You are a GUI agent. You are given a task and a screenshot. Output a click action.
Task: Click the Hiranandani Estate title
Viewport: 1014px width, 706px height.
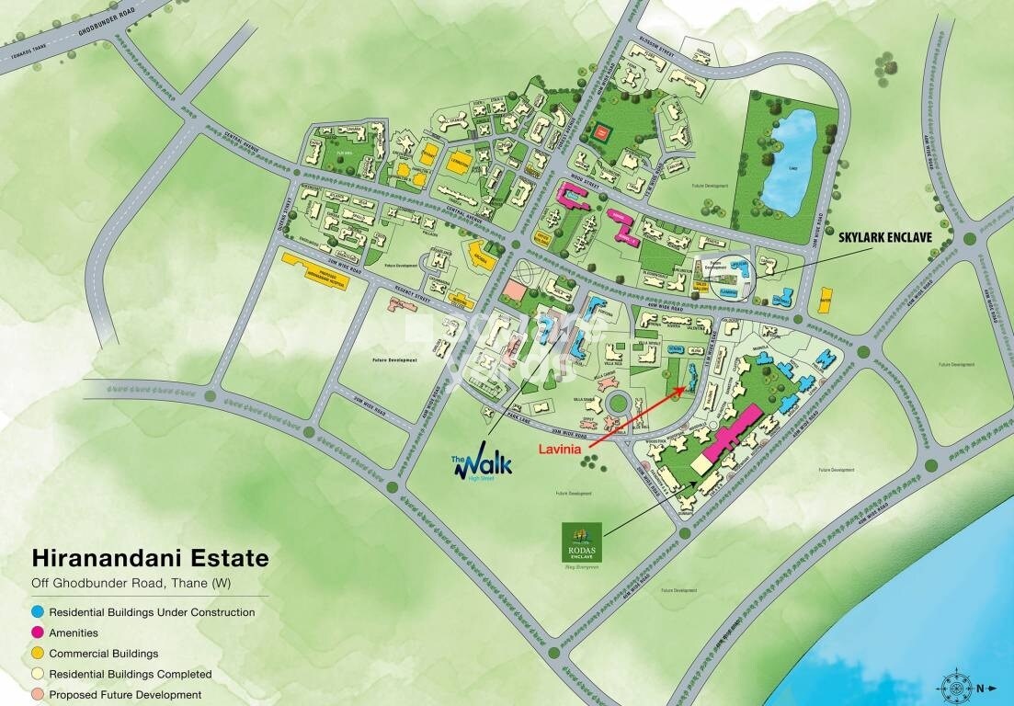(150, 558)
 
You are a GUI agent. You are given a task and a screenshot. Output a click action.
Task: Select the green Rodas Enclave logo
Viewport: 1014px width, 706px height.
(581, 542)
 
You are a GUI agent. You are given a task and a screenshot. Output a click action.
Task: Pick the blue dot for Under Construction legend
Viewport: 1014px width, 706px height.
(38, 611)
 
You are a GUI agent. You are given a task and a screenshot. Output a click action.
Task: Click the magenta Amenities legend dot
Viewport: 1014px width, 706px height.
(38, 632)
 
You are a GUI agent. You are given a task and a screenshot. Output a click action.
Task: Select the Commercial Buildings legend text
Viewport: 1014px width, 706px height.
(104, 654)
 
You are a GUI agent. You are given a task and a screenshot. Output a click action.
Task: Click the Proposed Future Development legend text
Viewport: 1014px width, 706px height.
(125, 695)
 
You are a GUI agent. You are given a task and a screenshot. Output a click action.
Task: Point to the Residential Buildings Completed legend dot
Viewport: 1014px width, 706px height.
(38, 674)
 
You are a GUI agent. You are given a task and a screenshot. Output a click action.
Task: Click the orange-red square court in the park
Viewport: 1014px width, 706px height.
(601, 131)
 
